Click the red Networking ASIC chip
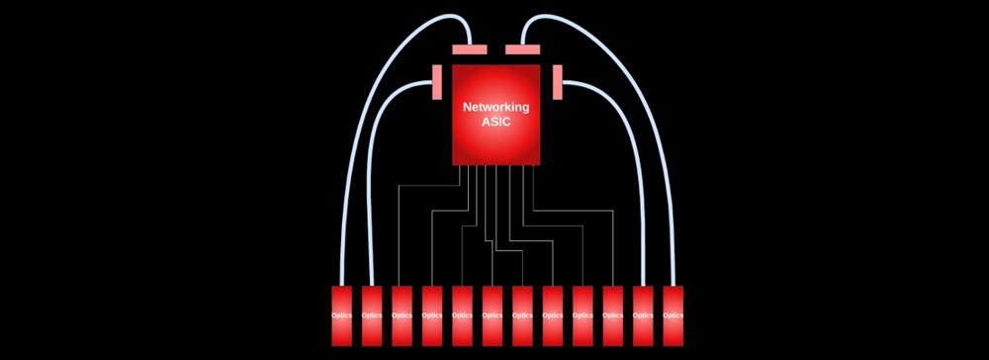pyautogui.click(x=495, y=115)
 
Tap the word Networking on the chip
pyautogui.click(x=496, y=107)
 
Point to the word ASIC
pyautogui.click(x=496, y=123)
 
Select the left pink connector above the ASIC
pyautogui.click(x=469, y=49)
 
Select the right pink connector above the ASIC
pyautogui.click(x=522, y=49)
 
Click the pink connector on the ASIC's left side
pyautogui.click(x=437, y=82)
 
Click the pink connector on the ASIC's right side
pyautogui.click(x=557, y=82)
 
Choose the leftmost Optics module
pyautogui.click(x=341, y=315)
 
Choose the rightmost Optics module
pyautogui.click(x=673, y=315)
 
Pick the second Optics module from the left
pyautogui.click(x=372, y=315)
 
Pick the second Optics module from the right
pyautogui.click(x=643, y=315)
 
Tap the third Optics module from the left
pyautogui.click(x=402, y=315)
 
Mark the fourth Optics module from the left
pyautogui.click(x=432, y=315)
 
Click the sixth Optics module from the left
pyautogui.click(x=492, y=315)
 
